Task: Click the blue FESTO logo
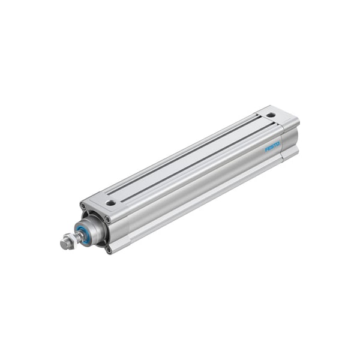(x=272, y=147)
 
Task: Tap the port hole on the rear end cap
(x=271, y=115)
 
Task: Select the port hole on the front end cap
(x=111, y=203)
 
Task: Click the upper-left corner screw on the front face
(x=83, y=205)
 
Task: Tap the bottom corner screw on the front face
(x=109, y=250)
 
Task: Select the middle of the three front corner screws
(x=107, y=220)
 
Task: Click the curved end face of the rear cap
(x=290, y=140)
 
